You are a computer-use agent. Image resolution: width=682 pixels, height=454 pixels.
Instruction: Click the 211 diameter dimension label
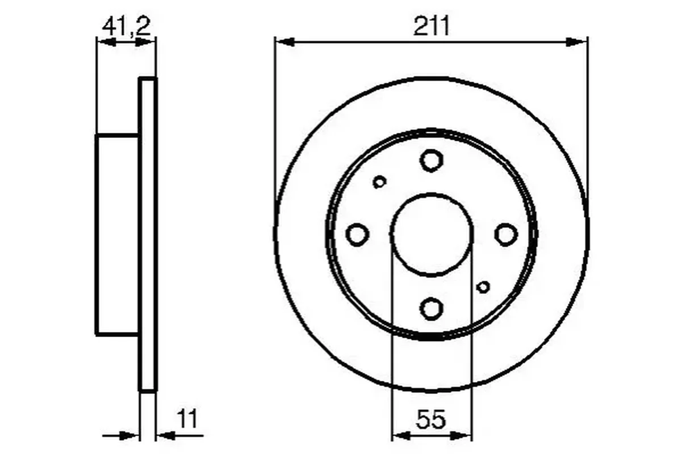coord(431,26)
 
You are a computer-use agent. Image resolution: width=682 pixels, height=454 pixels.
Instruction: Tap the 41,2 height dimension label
coord(127,26)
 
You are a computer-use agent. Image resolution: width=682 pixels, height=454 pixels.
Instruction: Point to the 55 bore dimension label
coord(431,419)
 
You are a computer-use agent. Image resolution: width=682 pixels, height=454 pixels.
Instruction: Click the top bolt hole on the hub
coord(431,161)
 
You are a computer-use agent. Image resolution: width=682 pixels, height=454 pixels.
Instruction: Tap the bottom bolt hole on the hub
coord(431,309)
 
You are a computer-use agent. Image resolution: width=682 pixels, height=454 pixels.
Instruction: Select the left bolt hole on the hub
coord(357,234)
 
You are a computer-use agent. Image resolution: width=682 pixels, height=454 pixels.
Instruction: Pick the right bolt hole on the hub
coord(506,234)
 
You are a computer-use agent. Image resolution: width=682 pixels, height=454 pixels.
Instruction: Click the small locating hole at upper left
coord(379,182)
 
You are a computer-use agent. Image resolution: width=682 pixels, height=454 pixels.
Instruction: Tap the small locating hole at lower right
coord(483,287)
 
